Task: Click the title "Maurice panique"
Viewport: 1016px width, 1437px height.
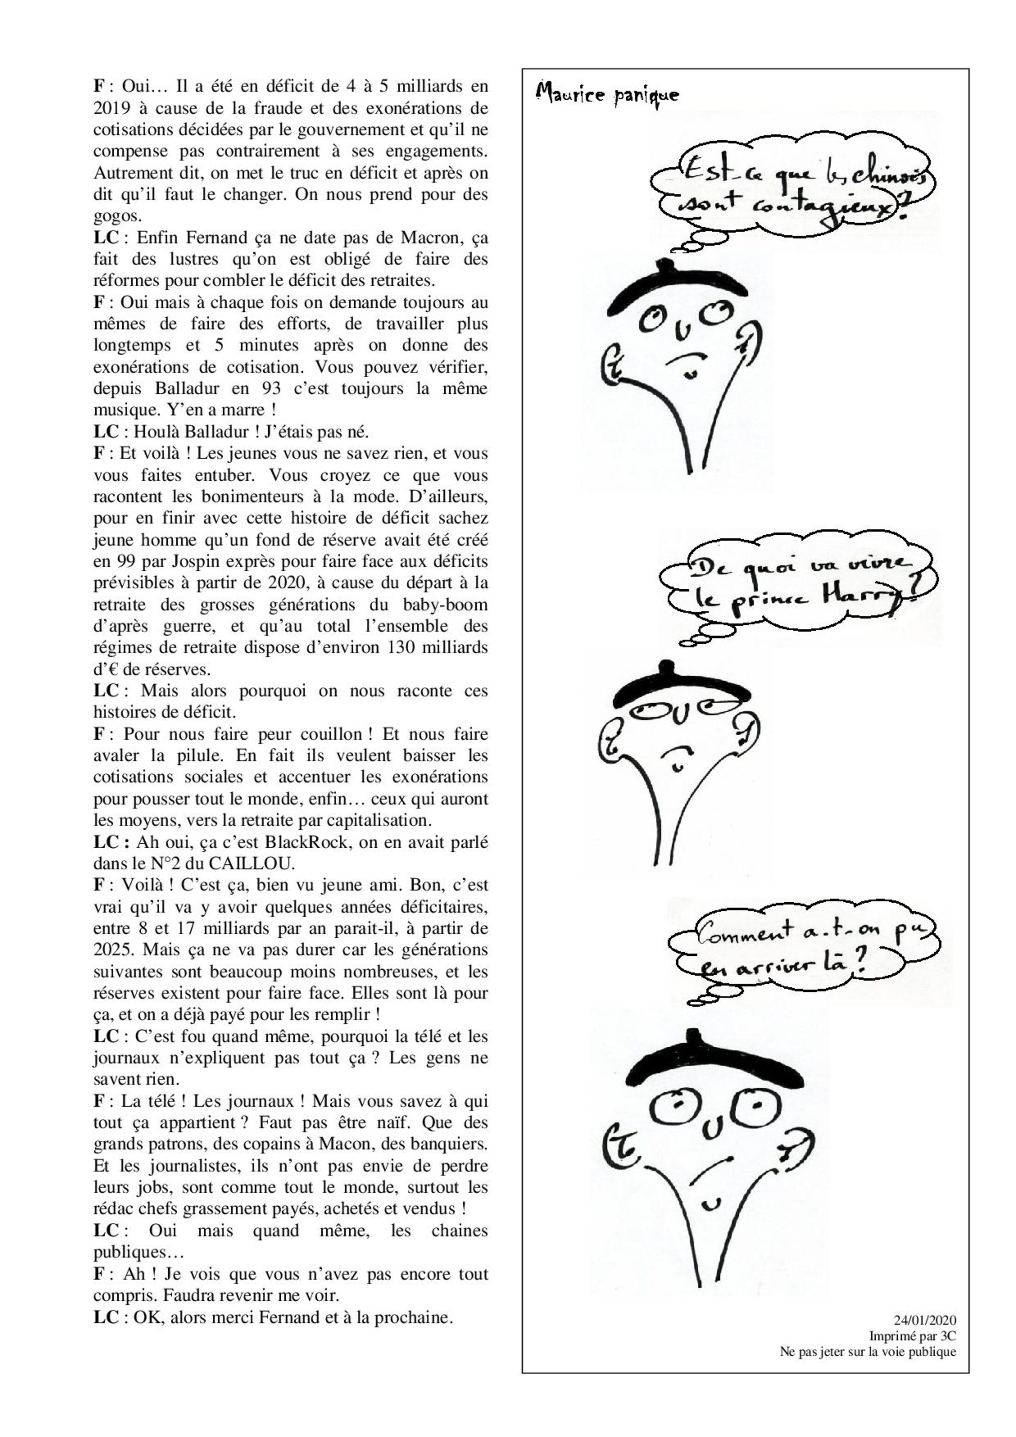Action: tap(606, 95)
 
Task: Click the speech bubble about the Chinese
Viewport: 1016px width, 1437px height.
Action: tap(792, 189)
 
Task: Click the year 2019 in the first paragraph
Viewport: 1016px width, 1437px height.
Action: tap(112, 108)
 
